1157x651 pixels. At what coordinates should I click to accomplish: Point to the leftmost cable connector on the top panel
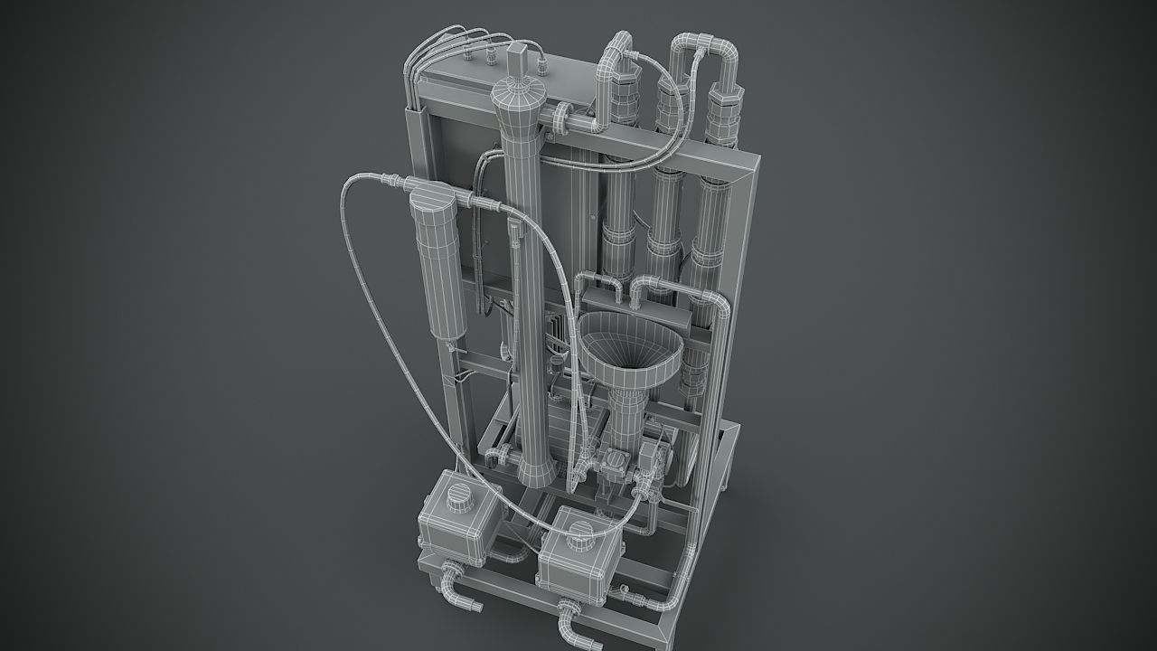point(468,56)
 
